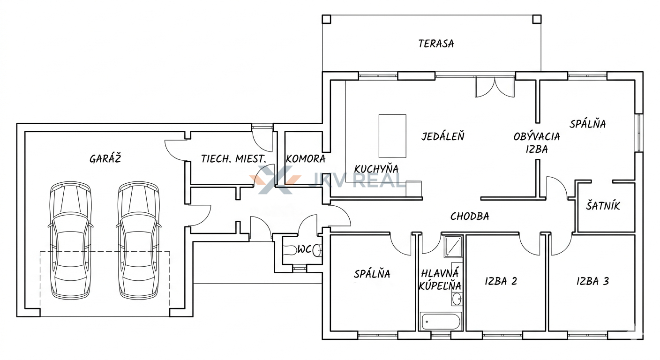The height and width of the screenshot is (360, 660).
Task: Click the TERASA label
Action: pos(436,44)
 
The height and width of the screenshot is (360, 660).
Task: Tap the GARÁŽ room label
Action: pos(105,158)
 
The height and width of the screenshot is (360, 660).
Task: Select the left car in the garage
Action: pos(70,240)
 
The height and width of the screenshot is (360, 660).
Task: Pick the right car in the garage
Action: pos(138,240)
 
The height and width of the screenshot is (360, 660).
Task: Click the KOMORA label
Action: pos(306,159)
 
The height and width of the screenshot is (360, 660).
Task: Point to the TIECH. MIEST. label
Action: pos(233,159)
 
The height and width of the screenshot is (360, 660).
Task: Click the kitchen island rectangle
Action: pos(392,136)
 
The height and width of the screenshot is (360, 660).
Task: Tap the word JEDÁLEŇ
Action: pos(443,136)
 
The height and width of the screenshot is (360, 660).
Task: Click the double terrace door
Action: pos(495,87)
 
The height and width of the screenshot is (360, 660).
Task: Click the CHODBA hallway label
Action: pos(470,217)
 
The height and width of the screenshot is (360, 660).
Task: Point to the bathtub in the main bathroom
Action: pos(440,322)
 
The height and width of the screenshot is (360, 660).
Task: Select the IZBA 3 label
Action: pos(592,281)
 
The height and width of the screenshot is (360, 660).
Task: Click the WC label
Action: pos(304,250)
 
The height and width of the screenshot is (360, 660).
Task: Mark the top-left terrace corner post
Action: pos(326,19)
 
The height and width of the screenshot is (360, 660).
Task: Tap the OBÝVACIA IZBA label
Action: pos(537,143)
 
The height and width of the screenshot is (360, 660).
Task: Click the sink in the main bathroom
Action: pos(457,299)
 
